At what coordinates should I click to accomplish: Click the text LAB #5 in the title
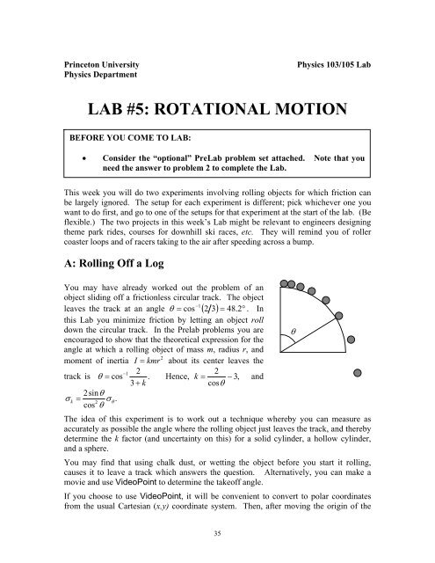coord(121,112)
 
